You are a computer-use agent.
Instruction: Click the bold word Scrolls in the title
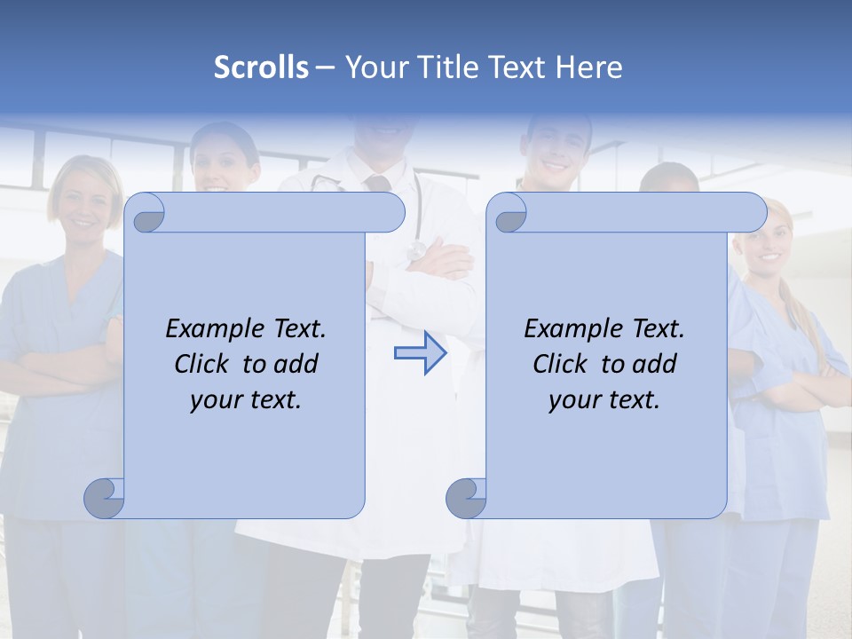(261, 67)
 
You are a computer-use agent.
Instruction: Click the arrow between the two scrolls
(420, 353)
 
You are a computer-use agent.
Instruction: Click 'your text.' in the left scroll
(246, 400)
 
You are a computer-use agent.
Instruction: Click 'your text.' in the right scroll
(604, 400)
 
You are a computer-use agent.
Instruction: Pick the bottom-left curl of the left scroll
(104, 497)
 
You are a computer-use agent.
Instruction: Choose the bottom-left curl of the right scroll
(465, 497)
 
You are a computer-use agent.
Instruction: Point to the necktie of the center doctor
(378, 183)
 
